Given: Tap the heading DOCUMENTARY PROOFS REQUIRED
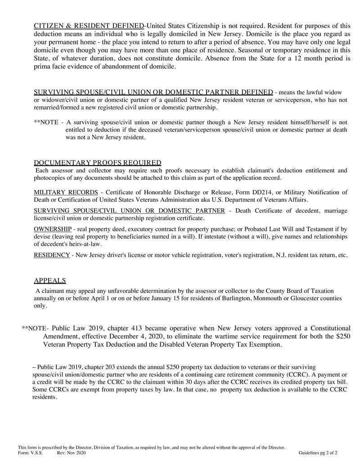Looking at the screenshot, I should point(98,163).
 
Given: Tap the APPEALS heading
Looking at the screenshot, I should point(49,281).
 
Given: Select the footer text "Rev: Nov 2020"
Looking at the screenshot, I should point(71,453).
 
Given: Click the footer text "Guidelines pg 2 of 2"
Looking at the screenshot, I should point(318,453).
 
